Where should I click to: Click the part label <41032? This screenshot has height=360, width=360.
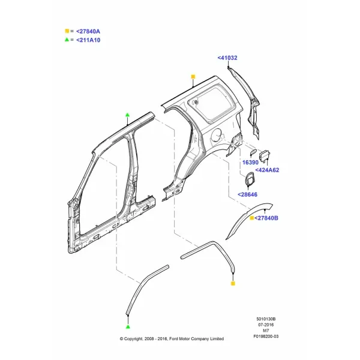point(227,58)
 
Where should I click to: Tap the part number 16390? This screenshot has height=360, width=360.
point(250,163)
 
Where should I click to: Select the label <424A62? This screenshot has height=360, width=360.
point(267,170)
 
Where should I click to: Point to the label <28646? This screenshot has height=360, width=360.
point(247,194)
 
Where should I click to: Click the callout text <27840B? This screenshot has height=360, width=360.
point(266,218)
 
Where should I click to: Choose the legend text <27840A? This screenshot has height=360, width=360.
point(88,31)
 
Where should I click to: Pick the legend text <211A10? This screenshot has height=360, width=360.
point(88,40)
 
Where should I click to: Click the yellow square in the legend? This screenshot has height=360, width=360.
point(67,31)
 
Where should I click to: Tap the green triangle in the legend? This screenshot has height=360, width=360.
point(67,40)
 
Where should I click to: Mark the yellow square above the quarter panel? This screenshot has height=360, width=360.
point(193,77)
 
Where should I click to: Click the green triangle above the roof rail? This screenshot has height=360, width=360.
point(128,115)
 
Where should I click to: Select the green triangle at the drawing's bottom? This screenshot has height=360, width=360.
point(128,326)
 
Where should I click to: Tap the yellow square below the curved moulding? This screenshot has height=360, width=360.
point(233,284)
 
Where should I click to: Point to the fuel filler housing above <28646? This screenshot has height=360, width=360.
point(249,178)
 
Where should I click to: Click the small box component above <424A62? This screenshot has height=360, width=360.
point(265,155)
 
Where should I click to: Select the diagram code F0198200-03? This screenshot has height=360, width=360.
point(266,337)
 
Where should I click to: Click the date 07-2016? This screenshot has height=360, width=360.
point(266,325)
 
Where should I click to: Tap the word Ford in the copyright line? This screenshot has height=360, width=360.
point(173,339)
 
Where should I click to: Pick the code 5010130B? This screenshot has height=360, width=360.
point(266,319)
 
